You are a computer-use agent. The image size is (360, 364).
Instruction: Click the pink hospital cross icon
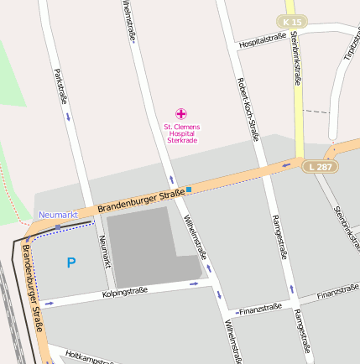pyautogui.click(x=181, y=113)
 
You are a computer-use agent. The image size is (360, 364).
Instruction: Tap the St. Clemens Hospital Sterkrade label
pyautogui.click(x=181, y=133)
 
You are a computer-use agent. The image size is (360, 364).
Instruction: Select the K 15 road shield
pyautogui.click(x=290, y=20)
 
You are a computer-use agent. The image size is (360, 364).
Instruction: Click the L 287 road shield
pyautogui.click(x=319, y=168)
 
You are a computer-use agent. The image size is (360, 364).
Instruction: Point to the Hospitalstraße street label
pyautogui.click(x=263, y=42)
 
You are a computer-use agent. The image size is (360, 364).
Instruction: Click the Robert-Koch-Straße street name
pyautogui.click(x=248, y=108)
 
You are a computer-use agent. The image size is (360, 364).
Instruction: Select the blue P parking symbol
pyautogui.click(x=70, y=263)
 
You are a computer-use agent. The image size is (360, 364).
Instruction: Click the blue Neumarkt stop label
pyautogui.click(x=58, y=216)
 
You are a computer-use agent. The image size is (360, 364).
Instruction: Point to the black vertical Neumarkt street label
pyautogui.click(x=104, y=251)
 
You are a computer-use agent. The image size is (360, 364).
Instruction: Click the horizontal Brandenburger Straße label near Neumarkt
pyautogui.click(x=140, y=201)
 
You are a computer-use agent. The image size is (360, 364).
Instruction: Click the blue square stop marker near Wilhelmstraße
pyautogui.click(x=189, y=190)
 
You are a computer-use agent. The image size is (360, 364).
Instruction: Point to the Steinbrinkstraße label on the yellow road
pyautogui.click(x=297, y=59)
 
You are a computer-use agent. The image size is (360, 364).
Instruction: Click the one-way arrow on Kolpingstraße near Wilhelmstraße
pyautogui.click(x=195, y=283)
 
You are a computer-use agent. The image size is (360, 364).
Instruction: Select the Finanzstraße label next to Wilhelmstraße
pyautogui.click(x=259, y=309)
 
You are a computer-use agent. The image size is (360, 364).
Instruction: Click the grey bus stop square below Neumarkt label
pyautogui.click(x=57, y=226)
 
